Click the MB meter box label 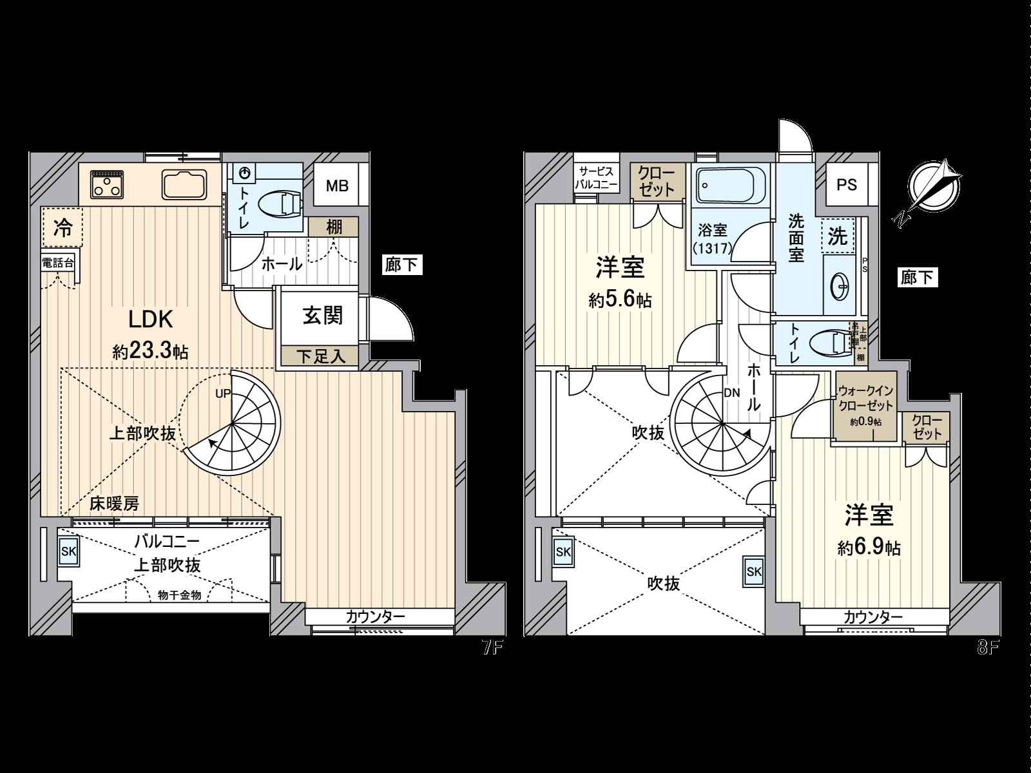pos(336,186)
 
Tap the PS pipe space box pos(847,184)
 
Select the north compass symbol pos(934,186)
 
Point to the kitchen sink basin pos(184,185)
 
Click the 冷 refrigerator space pos(63,227)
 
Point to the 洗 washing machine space pos(837,236)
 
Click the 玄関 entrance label pos(323,316)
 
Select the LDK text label pos(150,319)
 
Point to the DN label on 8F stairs pos(731,392)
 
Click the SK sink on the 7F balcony pos(68,551)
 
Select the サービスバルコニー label pos(597,178)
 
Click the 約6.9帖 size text pos(869,548)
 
